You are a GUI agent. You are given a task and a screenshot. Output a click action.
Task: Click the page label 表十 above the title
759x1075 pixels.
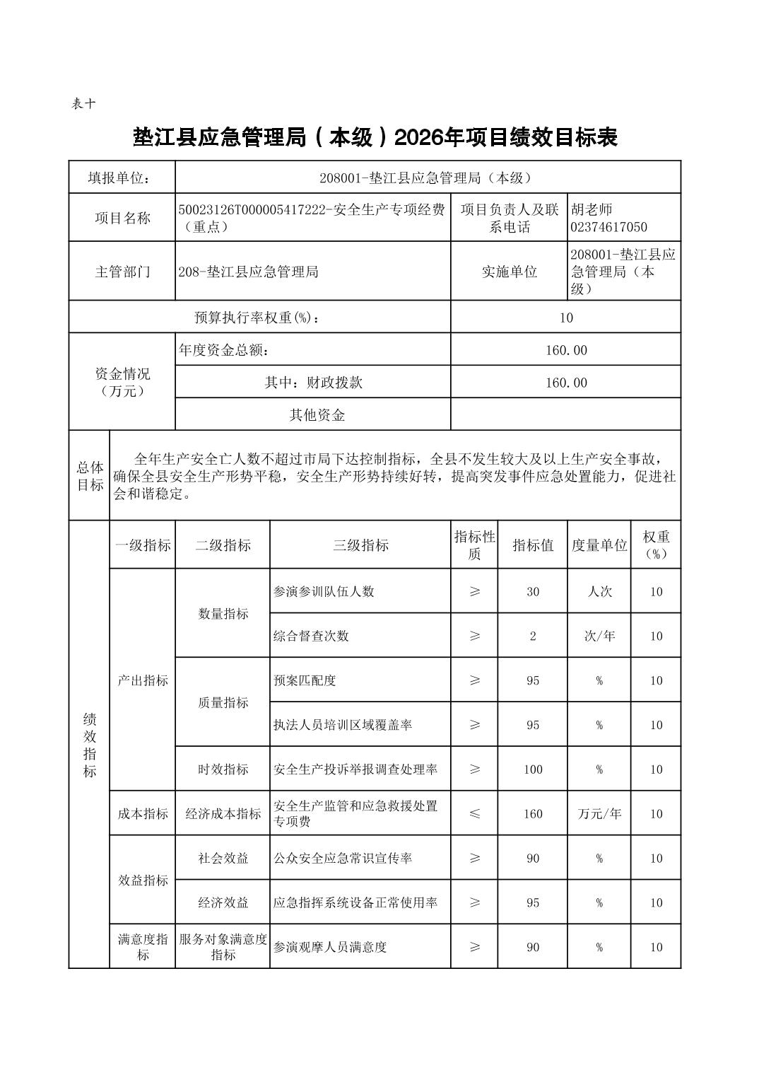[83, 103]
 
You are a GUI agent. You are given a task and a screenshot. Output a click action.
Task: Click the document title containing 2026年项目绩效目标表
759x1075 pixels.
[375, 137]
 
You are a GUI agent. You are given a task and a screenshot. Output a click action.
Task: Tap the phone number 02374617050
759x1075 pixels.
[608, 227]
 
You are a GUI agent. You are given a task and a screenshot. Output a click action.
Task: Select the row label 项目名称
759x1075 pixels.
[122, 218]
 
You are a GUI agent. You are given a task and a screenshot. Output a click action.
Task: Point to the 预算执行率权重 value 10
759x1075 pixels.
[565, 318]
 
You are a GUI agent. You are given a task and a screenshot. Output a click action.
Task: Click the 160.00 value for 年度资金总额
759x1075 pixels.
[565, 350]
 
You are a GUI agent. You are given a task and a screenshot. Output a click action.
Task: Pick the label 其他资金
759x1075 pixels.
[317, 415]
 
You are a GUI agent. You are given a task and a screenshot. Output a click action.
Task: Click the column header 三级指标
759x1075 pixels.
[360, 545]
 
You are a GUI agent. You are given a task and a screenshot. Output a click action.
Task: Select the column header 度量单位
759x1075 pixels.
[599, 545]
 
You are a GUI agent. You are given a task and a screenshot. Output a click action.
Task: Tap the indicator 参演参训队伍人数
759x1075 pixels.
[324, 591]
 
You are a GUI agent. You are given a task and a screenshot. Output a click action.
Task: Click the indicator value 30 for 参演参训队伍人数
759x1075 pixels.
[533, 591]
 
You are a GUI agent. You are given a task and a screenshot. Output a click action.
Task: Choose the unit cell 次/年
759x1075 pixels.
[599, 636]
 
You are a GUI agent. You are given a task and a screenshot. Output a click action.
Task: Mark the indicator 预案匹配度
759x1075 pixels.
[305, 680]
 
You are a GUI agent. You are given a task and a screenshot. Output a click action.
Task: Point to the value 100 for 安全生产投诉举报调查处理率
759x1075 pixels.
[533, 769]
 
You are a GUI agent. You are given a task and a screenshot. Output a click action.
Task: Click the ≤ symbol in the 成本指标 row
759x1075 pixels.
[474, 813]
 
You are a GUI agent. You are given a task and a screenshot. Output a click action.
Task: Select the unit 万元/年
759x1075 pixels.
[599, 813]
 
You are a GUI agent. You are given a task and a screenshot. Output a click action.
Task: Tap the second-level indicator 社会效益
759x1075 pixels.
[223, 858]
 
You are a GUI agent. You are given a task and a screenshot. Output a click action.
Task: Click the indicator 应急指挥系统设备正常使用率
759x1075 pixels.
[355, 902]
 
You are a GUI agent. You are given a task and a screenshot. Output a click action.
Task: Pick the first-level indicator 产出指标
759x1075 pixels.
[143, 680]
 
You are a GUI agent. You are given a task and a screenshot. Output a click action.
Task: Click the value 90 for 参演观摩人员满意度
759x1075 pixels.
[533, 947]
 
